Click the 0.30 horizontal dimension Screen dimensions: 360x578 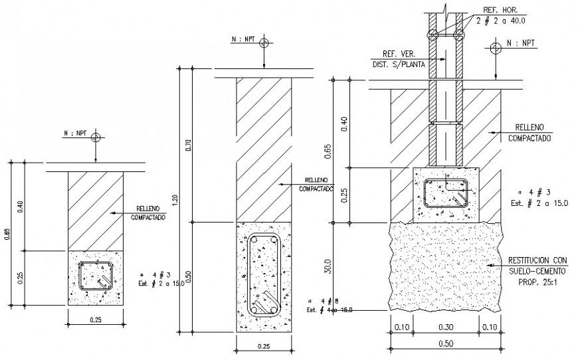[x=445, y=327]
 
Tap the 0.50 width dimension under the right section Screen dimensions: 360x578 [x=445, y=343]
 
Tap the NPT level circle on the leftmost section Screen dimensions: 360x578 [x=96, y=138]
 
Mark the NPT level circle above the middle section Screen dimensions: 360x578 [x=264, y=43]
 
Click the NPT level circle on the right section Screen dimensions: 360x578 [x=495, y=48]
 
